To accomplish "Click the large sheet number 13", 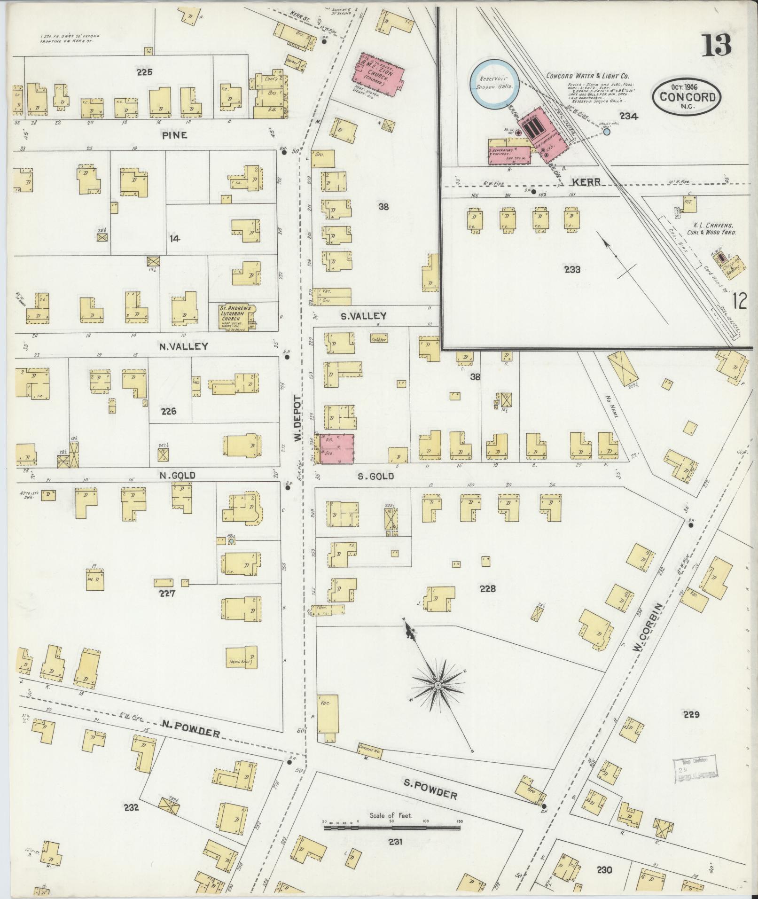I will click(x=717, y=46).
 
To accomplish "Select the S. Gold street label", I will click(x=375, y=477).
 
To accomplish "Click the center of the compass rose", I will click(x=438, y=686).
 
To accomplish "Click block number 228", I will click(x=488, y=588).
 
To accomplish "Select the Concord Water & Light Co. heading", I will click(x=587, y=76).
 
